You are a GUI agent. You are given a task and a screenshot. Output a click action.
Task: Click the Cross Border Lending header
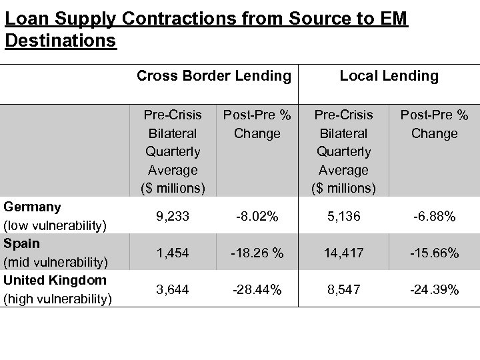(214, 76)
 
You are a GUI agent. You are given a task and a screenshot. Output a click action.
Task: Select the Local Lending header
(389, 76)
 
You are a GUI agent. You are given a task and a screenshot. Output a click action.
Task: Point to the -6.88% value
(434, 217)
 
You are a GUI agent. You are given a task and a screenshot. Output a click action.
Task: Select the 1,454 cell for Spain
(173, 253)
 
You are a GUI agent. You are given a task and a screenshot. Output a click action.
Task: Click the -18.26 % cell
(257, 253)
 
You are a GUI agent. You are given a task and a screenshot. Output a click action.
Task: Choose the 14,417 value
(343, 253)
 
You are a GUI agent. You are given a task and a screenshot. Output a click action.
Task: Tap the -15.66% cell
(434, 253)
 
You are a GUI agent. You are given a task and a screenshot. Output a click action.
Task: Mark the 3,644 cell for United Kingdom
(173, 289)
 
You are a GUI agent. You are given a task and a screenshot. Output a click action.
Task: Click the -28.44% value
(257, 289)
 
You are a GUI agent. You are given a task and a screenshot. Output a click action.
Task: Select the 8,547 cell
(343, 289)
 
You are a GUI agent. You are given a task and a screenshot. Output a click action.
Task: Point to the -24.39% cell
(434, 290)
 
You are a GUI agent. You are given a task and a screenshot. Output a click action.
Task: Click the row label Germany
(32, 207)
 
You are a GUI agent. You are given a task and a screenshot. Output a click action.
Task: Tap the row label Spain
(22, 243)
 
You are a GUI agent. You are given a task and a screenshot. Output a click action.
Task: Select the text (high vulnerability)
(57, 299)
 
